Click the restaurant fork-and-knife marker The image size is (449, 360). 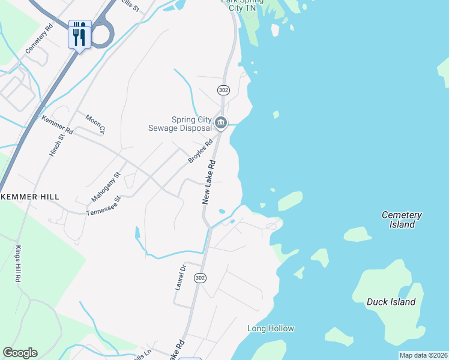click(x=80, y=35)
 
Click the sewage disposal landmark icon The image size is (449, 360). click(x=221, y=124)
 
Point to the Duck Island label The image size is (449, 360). click(x=391, y=302)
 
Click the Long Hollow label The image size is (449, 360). click(x=271, y=328)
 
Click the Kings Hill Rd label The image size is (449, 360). click(x=18, y=264)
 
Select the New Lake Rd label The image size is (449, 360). click(x=208, y=182)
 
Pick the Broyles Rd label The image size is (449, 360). click(x=200, y=151)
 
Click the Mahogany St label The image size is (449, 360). click(x=106, y=186)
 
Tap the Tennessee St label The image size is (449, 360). click(x=104, y=205)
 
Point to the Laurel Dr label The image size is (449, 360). click(x=179, y=277)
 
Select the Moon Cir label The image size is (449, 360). click(x=95, y=124)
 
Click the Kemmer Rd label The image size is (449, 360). click(x=57, y=125)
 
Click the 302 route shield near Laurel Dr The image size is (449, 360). click(x=200, y=278)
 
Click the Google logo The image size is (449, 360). click(x=20, y=353)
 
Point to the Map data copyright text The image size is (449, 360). click(x=423, y=355)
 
